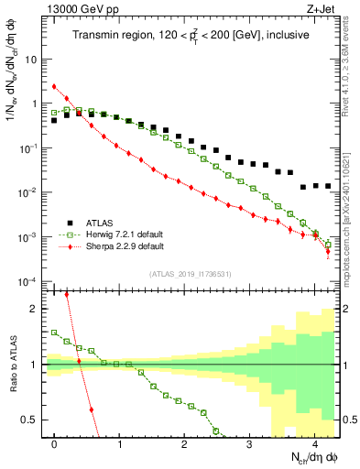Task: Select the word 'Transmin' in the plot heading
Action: (97, 35)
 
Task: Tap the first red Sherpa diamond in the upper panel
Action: (54, 87)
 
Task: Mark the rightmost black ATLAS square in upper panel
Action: (328, 186)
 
